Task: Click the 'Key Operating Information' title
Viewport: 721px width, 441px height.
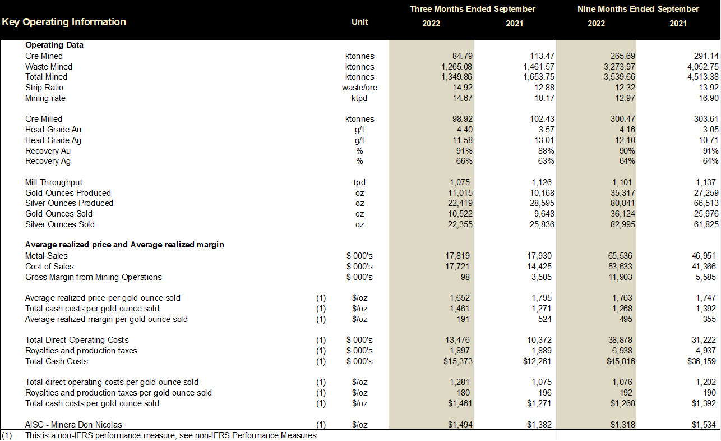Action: click(64, 22)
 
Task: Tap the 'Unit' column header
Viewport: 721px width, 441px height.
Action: click(359, 22)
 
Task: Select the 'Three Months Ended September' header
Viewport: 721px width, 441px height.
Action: click(472, 9)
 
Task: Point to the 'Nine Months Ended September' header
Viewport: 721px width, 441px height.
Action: click(638, 9)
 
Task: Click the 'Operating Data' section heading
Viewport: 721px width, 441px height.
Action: click(54, 45)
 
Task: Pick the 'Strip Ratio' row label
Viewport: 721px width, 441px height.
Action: click(44, 88)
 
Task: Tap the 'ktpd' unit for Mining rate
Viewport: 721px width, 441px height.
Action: click(359, 98)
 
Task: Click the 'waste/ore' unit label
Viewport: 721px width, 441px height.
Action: click(359, 88)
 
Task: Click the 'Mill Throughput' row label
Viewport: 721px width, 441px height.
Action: click(54, 182)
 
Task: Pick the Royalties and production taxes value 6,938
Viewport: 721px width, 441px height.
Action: click(623, 351)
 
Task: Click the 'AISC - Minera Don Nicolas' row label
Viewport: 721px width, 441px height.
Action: click(73, 425)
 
